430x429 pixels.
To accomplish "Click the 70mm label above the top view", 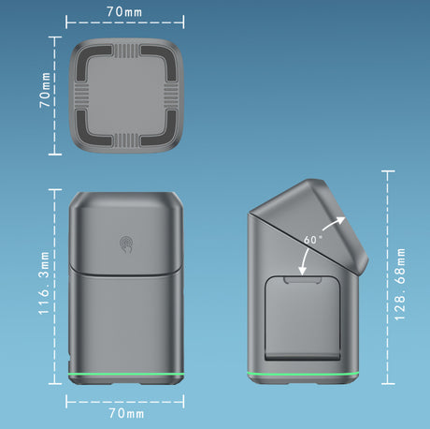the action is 124,12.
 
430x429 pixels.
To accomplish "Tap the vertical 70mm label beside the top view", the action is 45,90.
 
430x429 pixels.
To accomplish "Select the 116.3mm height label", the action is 44,283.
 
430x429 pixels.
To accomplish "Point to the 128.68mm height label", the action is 400,285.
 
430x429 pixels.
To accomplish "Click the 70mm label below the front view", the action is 126,413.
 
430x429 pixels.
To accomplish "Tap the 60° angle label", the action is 313,240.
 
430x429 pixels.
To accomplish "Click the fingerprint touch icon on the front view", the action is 127,244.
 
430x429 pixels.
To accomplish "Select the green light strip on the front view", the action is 126,375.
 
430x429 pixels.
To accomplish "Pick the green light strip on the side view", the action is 303,374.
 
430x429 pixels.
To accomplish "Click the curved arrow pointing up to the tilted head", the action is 333,222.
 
